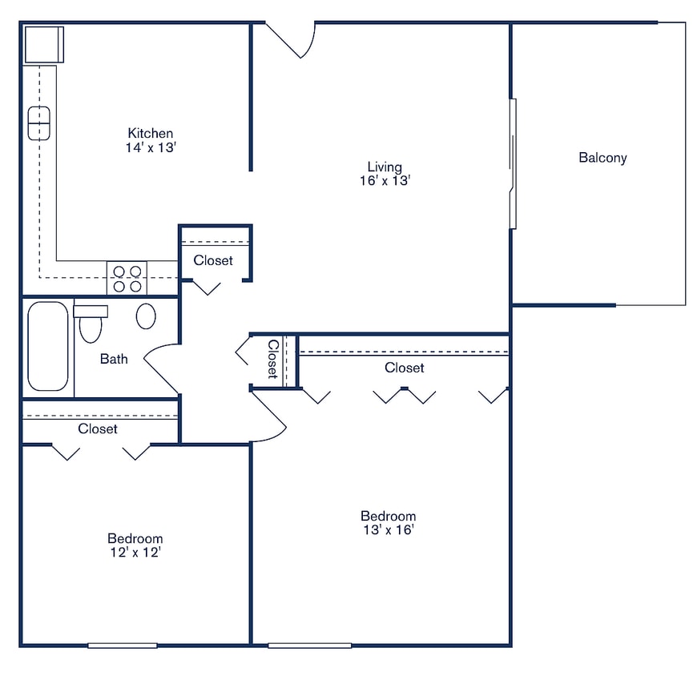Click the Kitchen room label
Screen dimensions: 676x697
[151, 133]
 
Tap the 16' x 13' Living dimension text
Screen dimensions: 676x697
[385, 181]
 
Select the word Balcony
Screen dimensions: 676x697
[602, 158]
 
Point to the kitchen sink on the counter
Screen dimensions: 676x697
[38, 123]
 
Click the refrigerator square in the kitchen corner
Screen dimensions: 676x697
[43, 44]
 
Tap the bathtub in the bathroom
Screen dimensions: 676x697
[47, 346]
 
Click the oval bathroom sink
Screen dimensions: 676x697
[146, 316]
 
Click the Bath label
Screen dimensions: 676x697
[113, 359]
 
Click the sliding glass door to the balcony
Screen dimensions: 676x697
[513, 163]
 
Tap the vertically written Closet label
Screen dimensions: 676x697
[272, 360]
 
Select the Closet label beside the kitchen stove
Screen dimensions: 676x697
[213, 260]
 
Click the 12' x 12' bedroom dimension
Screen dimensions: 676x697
[135, 553]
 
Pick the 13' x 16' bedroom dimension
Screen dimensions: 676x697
[388, 530]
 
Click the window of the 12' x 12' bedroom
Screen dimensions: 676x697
[122, 645]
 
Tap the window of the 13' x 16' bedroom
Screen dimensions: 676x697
[309, 645]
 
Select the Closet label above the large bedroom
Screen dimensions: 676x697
[404, 368]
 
